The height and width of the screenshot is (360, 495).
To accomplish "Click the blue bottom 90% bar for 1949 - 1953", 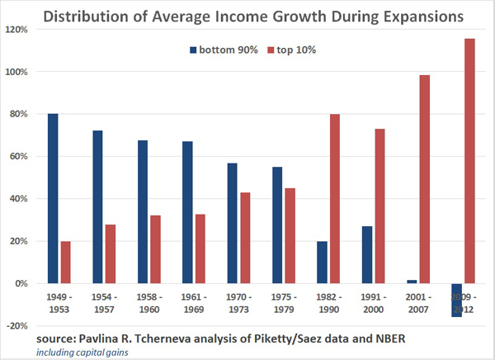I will click(x=53, y=198).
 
